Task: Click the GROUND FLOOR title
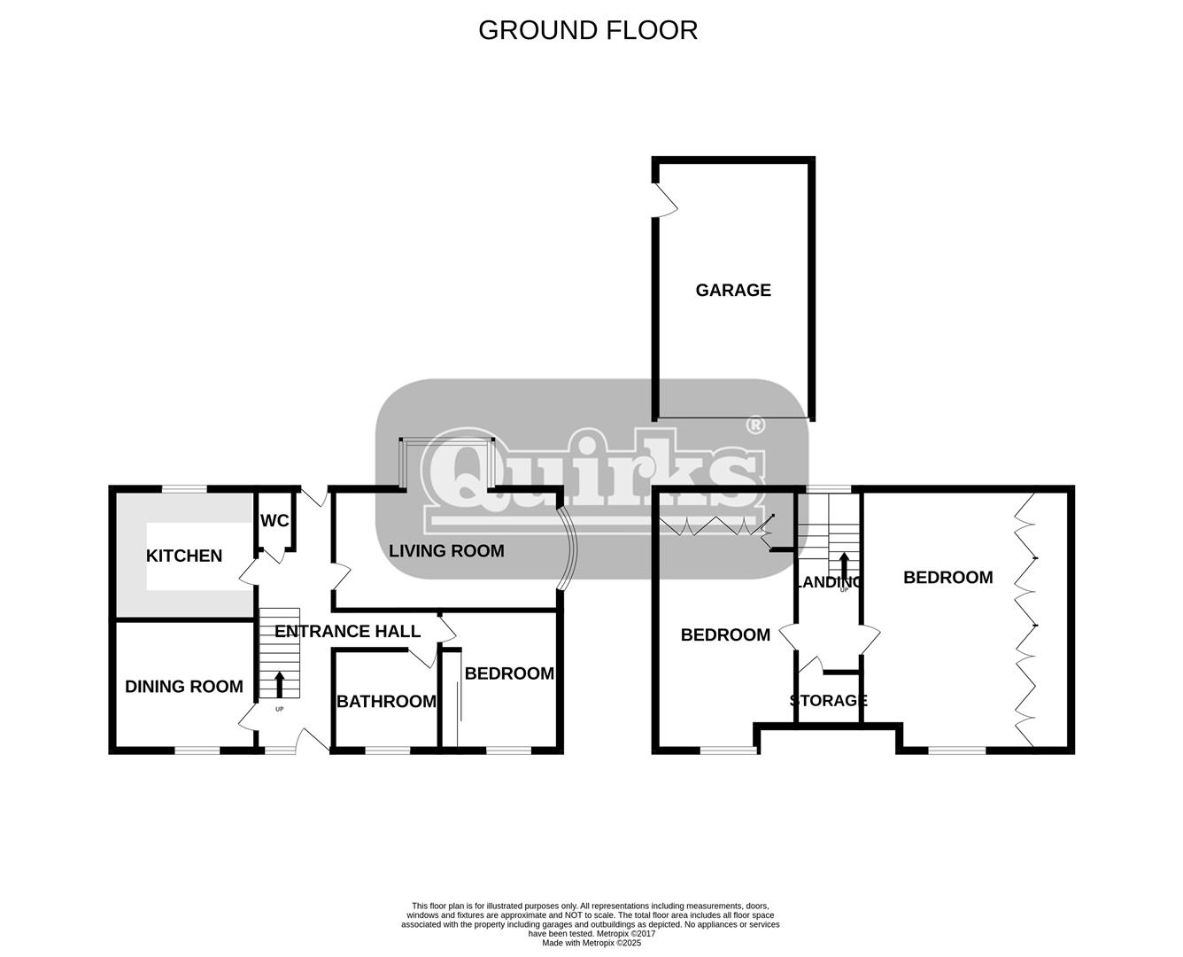tap(588, 30)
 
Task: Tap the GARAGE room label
tap(733, 290)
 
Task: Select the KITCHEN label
tap(184, 556)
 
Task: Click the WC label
tap(274, 521)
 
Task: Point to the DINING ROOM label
tap(184, 687)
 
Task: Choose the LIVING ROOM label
tap(446, 551)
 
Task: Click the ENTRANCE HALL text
tap(348, 631)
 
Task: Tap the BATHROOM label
tap(387, 701)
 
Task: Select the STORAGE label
tap(828, 700)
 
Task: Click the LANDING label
tap(828, 582)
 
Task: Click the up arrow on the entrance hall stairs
tap(279, 684)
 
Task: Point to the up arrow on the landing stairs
tap(844, 565)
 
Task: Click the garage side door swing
tap(668, 200)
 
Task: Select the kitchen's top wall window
tap(184, 489)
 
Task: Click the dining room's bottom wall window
tap(197, 751)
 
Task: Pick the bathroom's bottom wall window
tap(388, 751)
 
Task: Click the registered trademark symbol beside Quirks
tap(756, 425)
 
